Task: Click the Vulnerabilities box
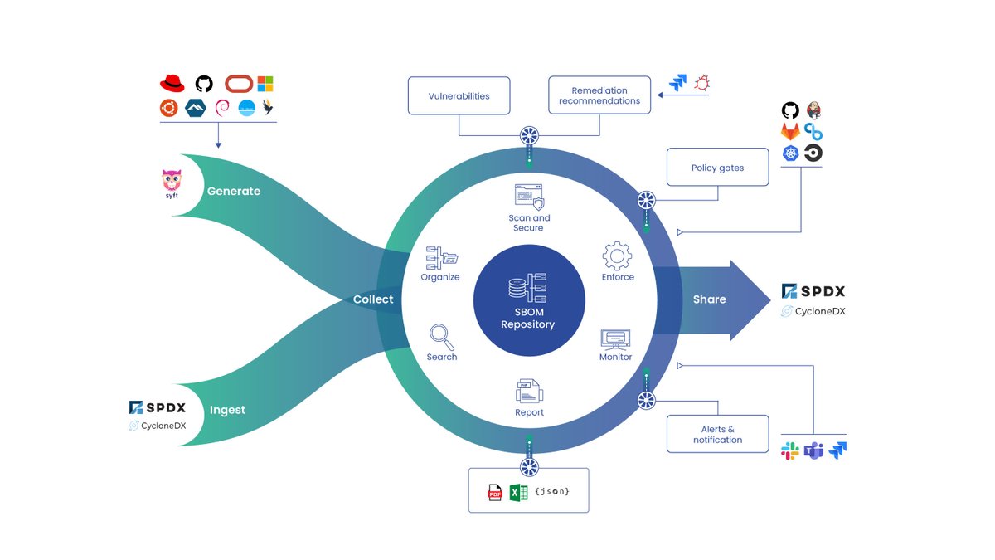point(459,96)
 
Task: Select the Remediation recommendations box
point(599,96)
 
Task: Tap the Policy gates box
point(717,168)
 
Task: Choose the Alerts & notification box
point(717,434)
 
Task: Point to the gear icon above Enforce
point(617,256)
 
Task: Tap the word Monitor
point(615,357)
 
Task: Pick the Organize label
point(439,277)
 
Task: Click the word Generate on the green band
point(234,191)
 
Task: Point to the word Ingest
point(227,410)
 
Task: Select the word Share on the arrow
point(709,299)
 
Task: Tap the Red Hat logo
point(172,84)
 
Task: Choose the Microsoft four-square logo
point(265,84)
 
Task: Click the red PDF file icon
point(495,493)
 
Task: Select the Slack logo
point(790,450)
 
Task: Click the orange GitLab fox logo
point(790,132)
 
